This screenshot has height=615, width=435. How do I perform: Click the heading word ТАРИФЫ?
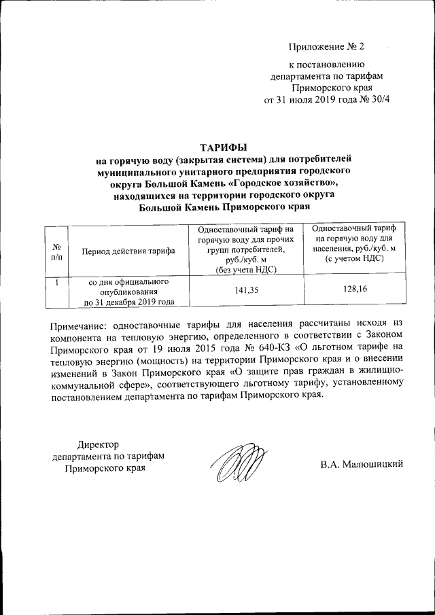[224, 147]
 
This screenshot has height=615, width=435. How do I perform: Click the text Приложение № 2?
[326, 47]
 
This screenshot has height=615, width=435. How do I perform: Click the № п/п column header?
[57, 251]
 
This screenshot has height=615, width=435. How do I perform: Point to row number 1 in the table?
[57, 282]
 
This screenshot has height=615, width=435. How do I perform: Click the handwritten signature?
[237, 465]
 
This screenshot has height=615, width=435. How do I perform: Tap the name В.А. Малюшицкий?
[362, 464]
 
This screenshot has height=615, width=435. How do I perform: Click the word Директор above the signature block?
[97, 444]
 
